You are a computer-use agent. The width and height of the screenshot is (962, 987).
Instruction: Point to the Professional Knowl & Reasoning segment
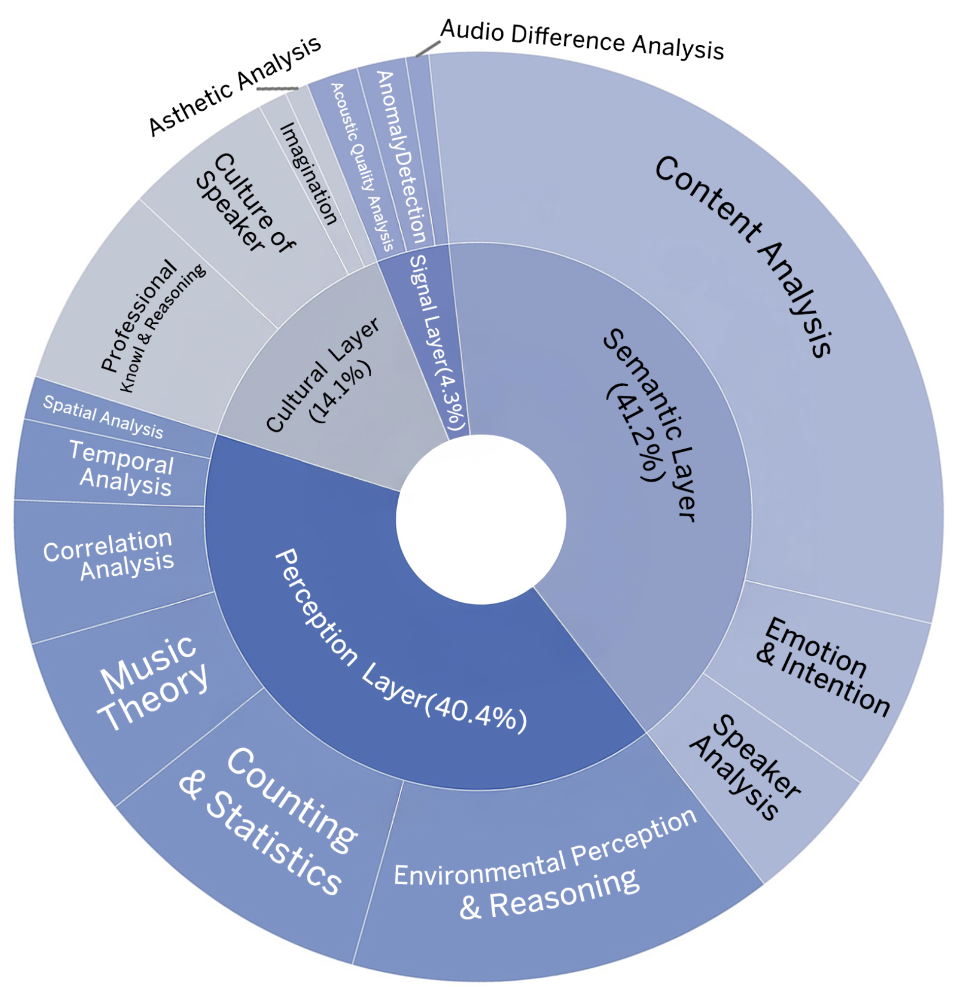tap(152, 325)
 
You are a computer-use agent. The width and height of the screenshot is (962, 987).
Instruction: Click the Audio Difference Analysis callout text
tap(582, 40)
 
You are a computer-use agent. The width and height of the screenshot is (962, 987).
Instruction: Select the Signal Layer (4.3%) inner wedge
tap(435, 341)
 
